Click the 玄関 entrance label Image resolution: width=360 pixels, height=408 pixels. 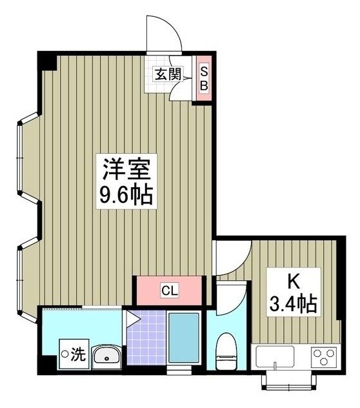(x=166, y=74)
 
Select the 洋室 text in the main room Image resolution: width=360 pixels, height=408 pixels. (x=125, y=170)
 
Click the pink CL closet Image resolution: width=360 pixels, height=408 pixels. (x=169, y=290)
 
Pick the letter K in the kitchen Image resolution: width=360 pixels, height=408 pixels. (x=293, y=281)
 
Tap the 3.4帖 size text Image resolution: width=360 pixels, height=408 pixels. (x=294, y=304)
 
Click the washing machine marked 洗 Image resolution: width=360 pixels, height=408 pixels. (x=71, y=354)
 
